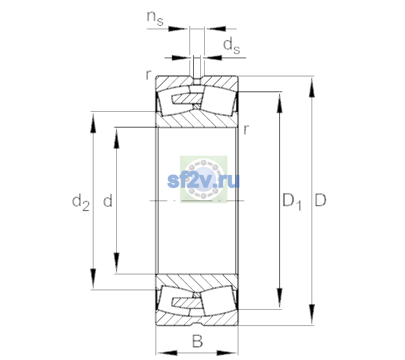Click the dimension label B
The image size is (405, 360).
[197, 341]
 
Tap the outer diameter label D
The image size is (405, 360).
[320, 200]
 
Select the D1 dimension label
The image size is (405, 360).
[292, 202]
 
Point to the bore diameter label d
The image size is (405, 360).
[108, 200]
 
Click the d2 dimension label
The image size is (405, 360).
[81, 202]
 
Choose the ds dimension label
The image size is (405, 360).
[232, 47]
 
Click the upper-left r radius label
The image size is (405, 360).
[148, 75]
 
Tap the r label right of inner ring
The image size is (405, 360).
[247, 129]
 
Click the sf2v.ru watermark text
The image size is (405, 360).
[203, 181]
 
